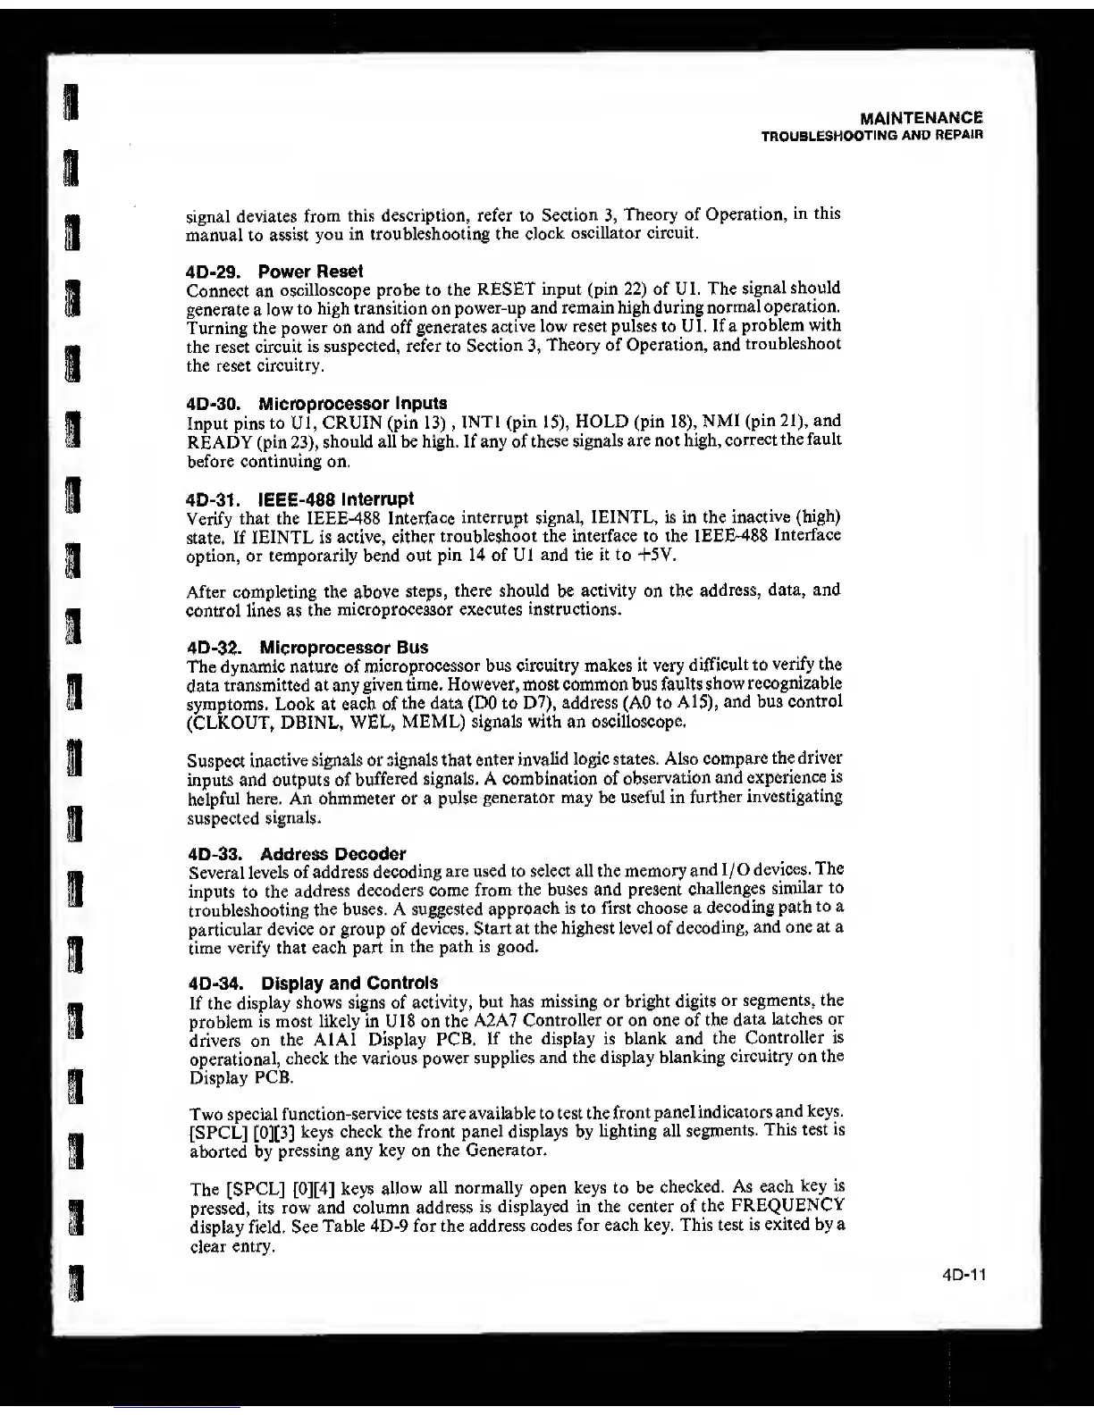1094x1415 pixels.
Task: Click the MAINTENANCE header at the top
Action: click(921, 117)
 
